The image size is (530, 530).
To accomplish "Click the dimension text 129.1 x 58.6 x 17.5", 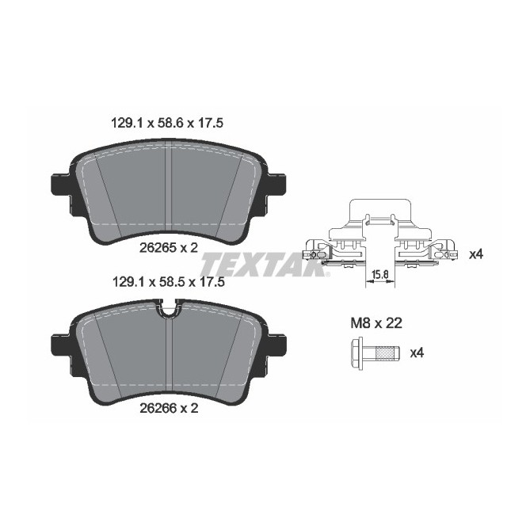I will pos(166,123).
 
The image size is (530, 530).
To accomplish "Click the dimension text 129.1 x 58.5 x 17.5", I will pos(166,281).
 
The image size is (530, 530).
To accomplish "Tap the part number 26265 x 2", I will pos(169,248).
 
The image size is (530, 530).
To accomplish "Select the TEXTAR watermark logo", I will pos(265,264).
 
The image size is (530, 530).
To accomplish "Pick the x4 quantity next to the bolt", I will pos(416,353).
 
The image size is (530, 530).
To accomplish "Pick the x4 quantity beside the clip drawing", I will pos(476,254).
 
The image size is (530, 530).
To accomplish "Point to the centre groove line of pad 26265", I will pos(170,190).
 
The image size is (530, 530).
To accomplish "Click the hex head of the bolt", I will pos(357,352).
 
